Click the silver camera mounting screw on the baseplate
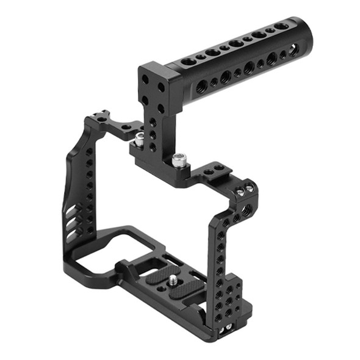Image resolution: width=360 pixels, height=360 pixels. [x=173, y=281]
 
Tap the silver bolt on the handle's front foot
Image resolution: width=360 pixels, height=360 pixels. [x=178, y=160]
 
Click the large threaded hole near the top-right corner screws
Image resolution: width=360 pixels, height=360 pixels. [x=246, y=211]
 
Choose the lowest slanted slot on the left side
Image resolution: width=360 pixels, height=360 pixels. [x=72, y=232]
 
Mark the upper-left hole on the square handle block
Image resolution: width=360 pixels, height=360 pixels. [x=145, y=79]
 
